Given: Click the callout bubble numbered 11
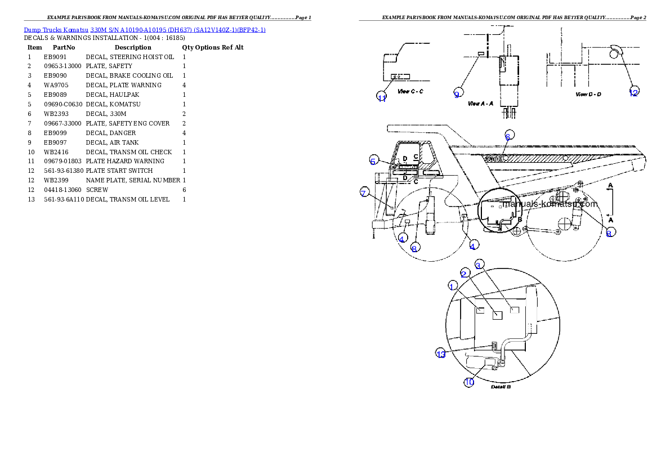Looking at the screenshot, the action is [382, 97].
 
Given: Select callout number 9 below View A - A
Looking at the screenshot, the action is [457, 94].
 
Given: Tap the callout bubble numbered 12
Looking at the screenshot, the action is [633, 92].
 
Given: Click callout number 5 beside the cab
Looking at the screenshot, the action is [373, 160].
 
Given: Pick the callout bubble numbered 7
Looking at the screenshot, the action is [364, 193].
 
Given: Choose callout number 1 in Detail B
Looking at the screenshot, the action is [452, 286].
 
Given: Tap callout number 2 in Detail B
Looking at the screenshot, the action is [463, 273].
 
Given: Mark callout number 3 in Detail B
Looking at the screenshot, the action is [479, 264].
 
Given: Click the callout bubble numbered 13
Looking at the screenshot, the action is [441, 354].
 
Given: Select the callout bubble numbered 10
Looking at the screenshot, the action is [469, 382].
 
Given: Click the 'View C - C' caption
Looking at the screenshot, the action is [410, 91].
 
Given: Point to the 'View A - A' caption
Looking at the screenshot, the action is [480, 104].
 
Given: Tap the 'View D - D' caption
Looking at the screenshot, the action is [588, 94].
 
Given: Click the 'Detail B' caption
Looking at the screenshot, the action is [501, 387].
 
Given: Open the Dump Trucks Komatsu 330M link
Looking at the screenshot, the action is [145, 29].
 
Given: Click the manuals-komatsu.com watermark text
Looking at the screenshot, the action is [550, 204].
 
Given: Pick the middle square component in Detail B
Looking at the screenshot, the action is [497, 315].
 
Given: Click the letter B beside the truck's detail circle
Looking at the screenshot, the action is [520, 219].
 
